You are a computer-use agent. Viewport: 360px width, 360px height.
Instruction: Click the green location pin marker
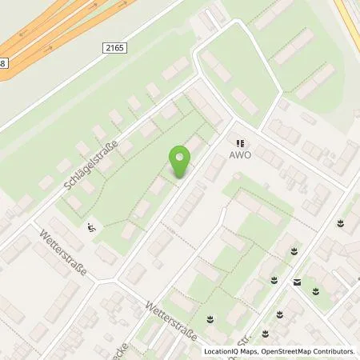point(180,162)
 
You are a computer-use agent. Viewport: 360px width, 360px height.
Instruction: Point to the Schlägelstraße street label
point(90,164)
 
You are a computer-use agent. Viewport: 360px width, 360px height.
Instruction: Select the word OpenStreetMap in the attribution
point(294,351)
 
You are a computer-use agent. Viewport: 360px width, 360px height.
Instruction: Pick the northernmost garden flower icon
point(342,222)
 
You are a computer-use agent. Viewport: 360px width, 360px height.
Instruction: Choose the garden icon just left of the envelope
point(275,278)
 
